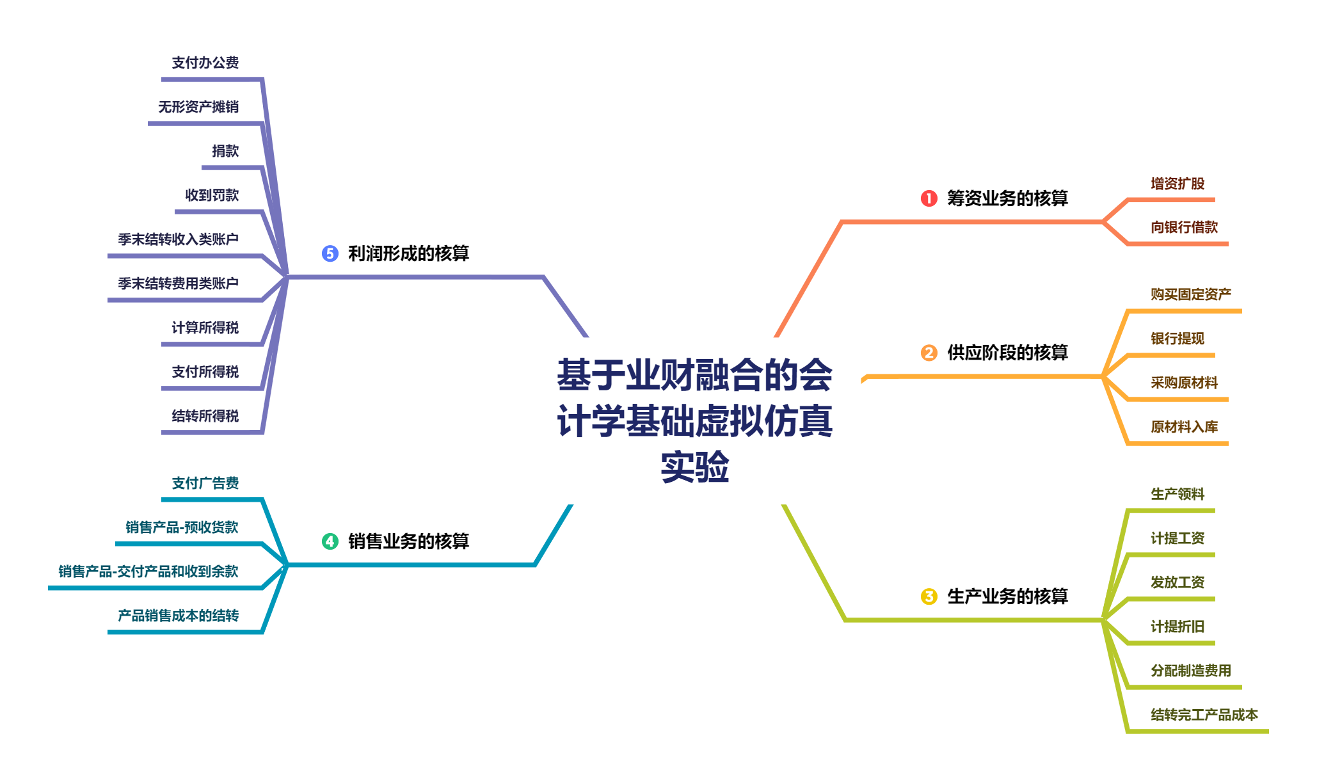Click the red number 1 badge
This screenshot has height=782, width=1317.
click(929, 198)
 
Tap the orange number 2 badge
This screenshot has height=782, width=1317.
click(929, 353)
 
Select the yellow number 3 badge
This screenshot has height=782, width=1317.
click(929, 596)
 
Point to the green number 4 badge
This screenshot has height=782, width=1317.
click(330, 541)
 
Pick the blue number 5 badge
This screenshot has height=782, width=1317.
click(330, 253)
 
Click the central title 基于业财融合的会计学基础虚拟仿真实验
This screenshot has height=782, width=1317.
click(694, 420)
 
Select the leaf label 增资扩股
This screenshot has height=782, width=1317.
click(1177, 184)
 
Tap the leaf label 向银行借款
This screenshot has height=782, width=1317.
click(1184, 227)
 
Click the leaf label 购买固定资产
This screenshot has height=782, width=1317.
click(1191, 294)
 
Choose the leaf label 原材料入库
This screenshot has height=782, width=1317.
click(1184, 427)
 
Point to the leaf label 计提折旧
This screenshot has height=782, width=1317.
click(1177, 626)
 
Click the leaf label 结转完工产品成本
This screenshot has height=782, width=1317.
click(1204, 715)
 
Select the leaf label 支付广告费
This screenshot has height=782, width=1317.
click(205, 483)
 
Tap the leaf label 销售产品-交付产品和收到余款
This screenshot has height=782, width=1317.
click(148, 571)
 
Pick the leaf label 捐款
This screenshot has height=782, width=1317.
click(225, 151)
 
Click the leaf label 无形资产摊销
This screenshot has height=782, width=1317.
click(198, 107)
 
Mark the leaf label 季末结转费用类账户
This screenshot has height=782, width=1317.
click(179, 283)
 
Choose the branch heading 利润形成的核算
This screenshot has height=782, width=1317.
click(408, 253)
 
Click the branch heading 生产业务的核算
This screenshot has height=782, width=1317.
click(1007, 596)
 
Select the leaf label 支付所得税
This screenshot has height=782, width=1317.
click(205, 372)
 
